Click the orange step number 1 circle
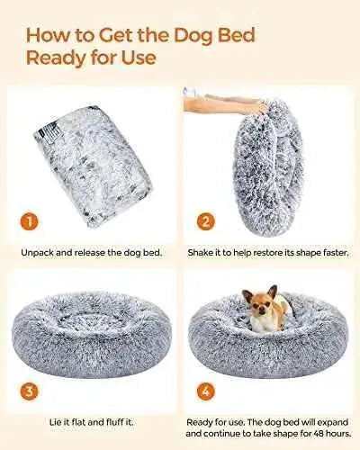pyautogui.click(x=29, y=222)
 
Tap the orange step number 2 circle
pyautogui.click(x=206, y=222)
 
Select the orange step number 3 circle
pyautogui.click(x=29, y=391)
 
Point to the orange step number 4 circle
pyautogui.click(x=206, y=391)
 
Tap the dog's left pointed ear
pyautogui.click(x=247, y=295)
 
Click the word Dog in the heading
pyautogui.click(x=193, y=36)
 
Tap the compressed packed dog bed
pyautogui.click(x=93, y=165)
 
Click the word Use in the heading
pyautogui.click(x=139, y=58)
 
